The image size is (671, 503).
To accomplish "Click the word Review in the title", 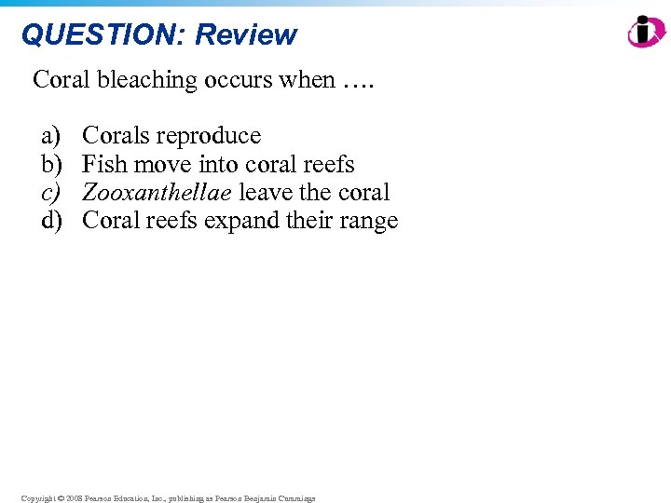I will (x=246, y=34).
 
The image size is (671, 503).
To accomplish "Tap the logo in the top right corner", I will (x=646, y=32).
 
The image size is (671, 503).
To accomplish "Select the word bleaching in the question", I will (x=154, y=80).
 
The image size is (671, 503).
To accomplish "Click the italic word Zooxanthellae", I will (x=157, y=193).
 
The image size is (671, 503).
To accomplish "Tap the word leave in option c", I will (x=266, y=193).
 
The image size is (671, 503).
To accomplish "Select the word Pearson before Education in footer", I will (x=99, y=498).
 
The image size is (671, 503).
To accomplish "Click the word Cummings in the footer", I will (x=295, y=498).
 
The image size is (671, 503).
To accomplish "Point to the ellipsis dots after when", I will (x=356, y=80).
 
